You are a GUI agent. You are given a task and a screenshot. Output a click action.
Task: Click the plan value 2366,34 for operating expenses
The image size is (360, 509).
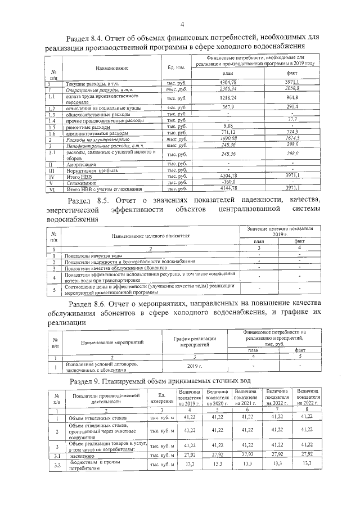tap(228, 89)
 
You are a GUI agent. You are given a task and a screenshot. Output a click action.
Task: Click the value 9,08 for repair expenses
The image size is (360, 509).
tap(228, 126)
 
